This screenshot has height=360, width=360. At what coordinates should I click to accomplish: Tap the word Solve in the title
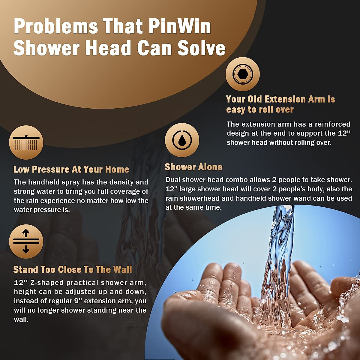[201, 48]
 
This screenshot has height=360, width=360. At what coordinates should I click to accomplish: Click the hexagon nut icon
[242, 74]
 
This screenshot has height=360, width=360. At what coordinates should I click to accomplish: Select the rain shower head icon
[26, 142]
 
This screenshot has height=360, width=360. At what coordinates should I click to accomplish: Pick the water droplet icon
[182, 140]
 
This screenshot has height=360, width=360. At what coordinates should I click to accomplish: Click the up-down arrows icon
[26, 241]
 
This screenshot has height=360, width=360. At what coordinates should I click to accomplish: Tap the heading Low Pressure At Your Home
[71, 169]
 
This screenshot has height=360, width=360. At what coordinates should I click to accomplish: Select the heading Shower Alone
[193, 167]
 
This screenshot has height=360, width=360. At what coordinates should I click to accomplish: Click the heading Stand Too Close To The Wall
[73, 269]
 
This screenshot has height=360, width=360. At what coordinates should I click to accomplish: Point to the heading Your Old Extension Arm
[280, 99]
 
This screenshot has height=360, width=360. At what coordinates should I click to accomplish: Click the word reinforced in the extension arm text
[333, 124]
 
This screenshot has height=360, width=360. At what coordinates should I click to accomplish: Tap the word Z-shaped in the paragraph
[47, 283]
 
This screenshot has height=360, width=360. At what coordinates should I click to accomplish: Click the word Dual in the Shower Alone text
[173, 180]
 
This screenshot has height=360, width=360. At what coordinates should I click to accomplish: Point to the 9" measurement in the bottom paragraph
[78, 301]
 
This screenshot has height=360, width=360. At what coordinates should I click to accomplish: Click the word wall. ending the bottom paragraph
[21, 319]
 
